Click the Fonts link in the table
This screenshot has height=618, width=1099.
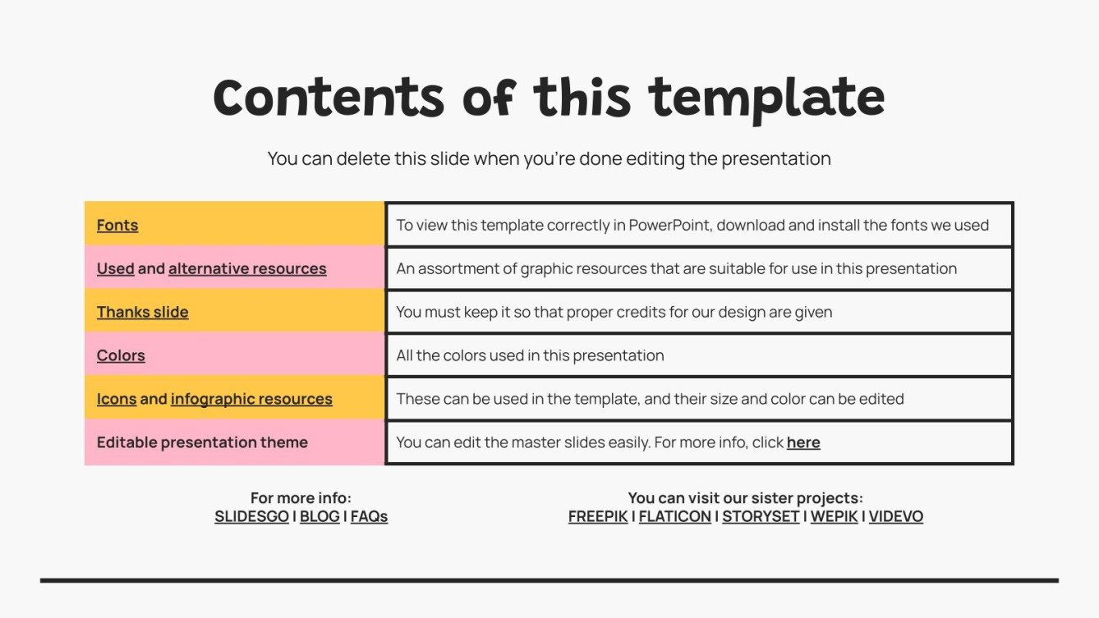[117, 226]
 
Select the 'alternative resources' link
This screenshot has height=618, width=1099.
[247, 269]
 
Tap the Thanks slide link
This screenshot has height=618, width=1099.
[142, 313]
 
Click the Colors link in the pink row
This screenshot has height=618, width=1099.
[121, 356]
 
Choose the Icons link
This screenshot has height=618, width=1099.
[117, 400]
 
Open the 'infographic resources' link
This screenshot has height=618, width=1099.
[251, 400]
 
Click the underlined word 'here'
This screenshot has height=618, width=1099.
[803, 443]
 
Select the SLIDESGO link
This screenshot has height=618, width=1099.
[251, 517]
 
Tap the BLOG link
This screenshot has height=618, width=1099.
[320, 517]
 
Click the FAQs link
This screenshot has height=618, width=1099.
[369, 517]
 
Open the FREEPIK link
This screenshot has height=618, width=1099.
[598, 517]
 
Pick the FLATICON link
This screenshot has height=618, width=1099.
[675, 517]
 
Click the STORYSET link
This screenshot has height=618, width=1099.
[761, 517]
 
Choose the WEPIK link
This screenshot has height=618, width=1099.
[834, 517]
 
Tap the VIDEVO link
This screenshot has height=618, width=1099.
[896, 517]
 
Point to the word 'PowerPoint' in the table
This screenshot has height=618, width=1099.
[669, 226]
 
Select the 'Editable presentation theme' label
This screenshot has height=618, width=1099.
[202, 443]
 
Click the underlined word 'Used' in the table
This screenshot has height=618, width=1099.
[115, 269]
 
